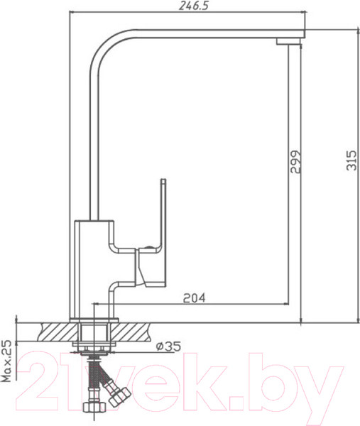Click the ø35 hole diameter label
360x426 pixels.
[x=169, y=346]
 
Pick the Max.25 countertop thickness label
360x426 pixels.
[x=7, y=360]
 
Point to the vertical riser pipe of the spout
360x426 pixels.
[x=92, y=142]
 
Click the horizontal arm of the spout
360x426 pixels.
[x=199, y=34]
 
